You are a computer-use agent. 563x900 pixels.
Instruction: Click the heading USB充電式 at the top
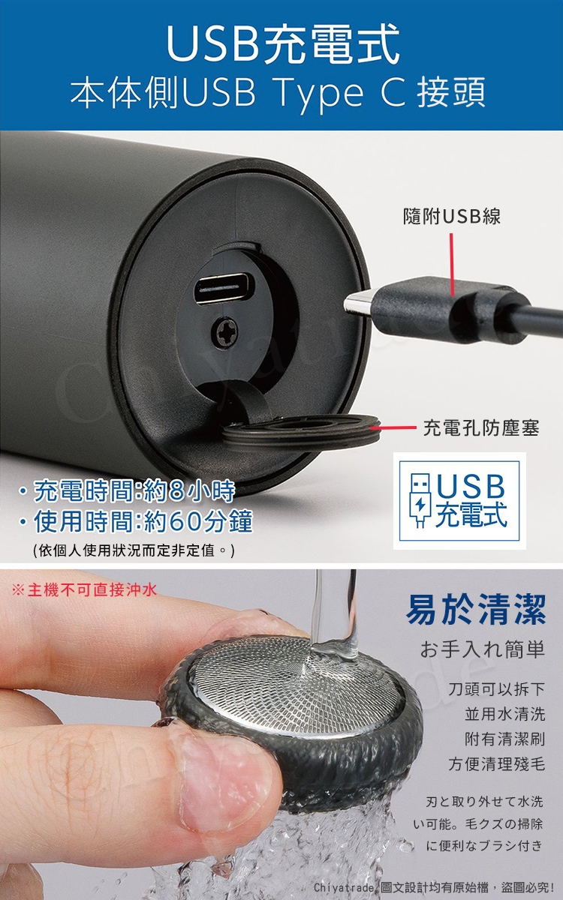click(281, 43)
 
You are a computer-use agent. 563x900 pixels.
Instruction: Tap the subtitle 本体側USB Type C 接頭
click(278, 94)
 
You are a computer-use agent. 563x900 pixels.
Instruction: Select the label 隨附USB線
click(452, 217)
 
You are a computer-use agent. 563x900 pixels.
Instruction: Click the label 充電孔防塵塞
click(480, 429)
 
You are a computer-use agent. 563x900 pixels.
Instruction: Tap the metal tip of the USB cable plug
click(358, 303)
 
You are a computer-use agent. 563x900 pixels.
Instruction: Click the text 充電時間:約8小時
click(128, 492)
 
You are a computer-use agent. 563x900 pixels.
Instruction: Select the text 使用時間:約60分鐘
click(136, 521)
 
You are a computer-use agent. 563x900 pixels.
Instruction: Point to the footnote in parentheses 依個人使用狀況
click(135, 551)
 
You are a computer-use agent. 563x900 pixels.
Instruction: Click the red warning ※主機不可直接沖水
click(85, 590)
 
